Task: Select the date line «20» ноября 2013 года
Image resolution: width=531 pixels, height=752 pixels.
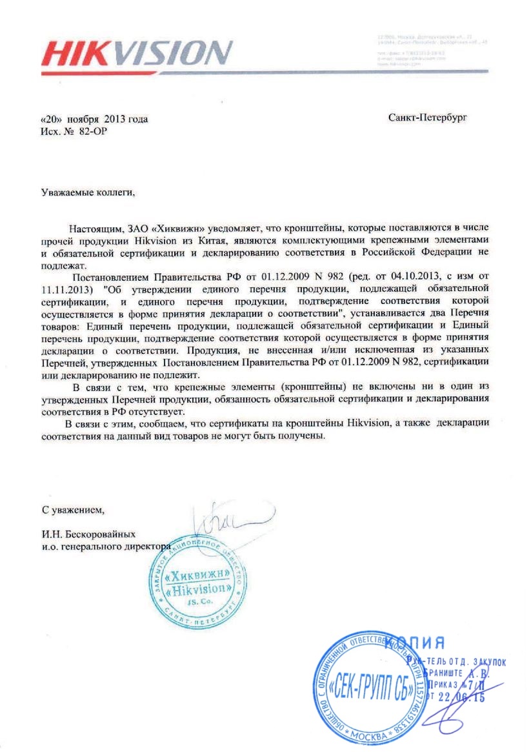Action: (x=94, y=119)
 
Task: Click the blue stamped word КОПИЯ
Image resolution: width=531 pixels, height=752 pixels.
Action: (x=418, y=643)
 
